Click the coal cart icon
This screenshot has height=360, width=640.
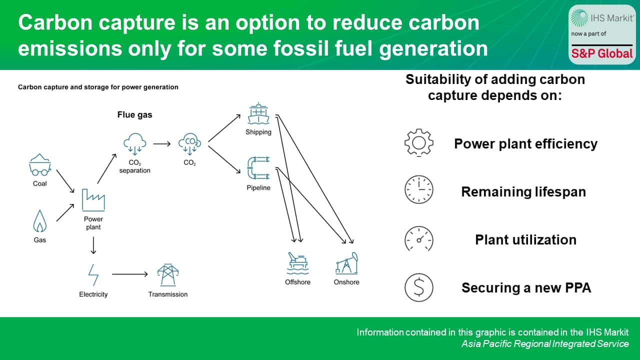39,165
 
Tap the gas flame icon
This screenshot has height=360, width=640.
39,221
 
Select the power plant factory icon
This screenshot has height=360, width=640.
93,199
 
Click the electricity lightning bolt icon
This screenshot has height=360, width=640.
93,274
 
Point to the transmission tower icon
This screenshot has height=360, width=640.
167,274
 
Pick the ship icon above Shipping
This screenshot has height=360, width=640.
258,114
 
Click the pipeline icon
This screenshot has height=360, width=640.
258,168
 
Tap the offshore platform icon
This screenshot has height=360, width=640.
297,263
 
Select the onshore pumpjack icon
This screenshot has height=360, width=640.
346,263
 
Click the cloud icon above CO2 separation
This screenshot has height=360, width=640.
134,142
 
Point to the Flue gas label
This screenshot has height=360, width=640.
134,115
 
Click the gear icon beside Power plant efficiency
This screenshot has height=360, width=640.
418,143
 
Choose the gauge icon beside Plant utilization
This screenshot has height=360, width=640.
418,239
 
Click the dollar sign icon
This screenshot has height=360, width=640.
418,287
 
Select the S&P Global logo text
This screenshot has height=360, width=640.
602,53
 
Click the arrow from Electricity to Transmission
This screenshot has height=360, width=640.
130,274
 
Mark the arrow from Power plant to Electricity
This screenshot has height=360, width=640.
93,245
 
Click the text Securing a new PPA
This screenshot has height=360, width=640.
526,288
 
